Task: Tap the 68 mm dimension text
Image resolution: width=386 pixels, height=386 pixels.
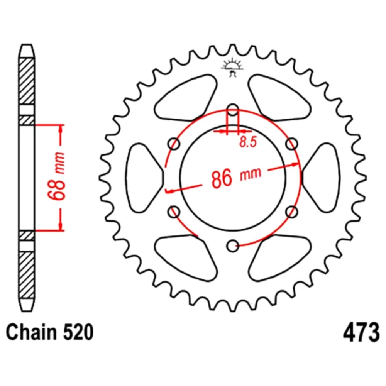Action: click(x=56, y=176)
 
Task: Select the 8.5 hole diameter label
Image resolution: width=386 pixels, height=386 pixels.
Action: click(x=248, y=142)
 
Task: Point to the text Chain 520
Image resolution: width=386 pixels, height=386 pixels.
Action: click(x=50, y=332)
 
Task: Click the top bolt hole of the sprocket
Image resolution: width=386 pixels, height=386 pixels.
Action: click(x=233, y=110)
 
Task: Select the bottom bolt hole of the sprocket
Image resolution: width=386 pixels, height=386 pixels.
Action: click(x=233, y=245)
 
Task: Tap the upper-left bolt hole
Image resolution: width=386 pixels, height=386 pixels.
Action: click(x=174, y=144)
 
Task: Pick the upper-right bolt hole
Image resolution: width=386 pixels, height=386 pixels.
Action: click(x=292, y=144)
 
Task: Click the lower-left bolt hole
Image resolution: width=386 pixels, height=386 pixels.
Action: click(x=174, y=212)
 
